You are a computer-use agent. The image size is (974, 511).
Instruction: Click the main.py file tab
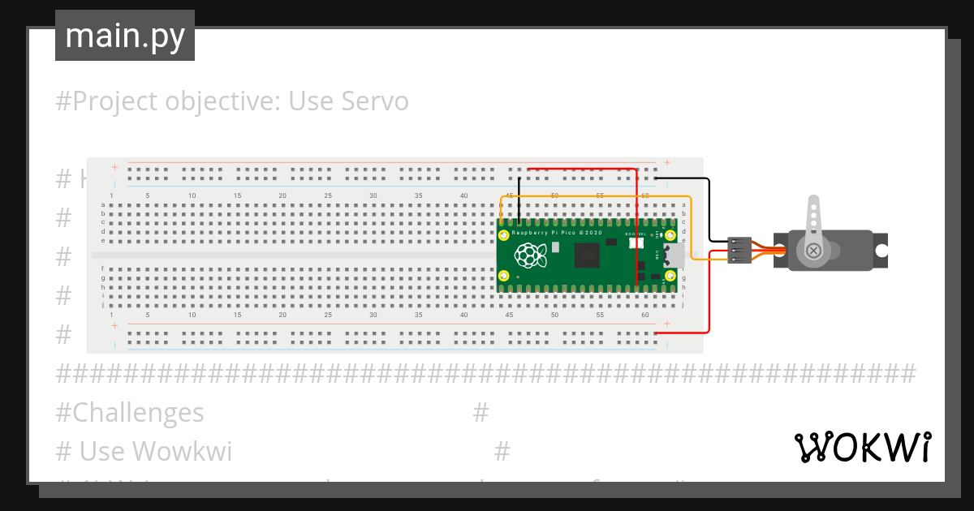click(x=124, y=36)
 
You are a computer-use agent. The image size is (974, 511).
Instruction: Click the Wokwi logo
click(x=861, y=447)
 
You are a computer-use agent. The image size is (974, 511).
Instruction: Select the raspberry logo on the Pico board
click(x=530, y=255)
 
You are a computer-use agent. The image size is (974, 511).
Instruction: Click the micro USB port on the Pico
click(x=673, y=255)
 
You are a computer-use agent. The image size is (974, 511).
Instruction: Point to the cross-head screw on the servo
click(x=812, y=251)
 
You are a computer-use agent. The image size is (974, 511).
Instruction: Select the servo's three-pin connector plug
click(x=739, y=251)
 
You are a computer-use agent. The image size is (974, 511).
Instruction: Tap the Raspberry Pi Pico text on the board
click(x=557, y=233)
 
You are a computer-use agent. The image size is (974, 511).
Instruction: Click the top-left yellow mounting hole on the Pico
click(x=504, y=235)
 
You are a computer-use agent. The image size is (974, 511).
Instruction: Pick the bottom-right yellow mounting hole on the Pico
click(x=670, y=277)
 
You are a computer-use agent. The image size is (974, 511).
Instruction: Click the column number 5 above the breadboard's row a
click(x=147, y=195)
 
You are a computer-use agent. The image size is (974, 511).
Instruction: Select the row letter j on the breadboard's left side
click(x=102, y=305)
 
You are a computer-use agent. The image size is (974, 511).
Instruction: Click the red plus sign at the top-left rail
click(x=114, y=167)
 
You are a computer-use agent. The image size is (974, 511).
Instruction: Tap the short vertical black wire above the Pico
click(x=518, y=199)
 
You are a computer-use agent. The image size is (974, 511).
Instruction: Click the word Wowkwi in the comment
click(x=181, y=450)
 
